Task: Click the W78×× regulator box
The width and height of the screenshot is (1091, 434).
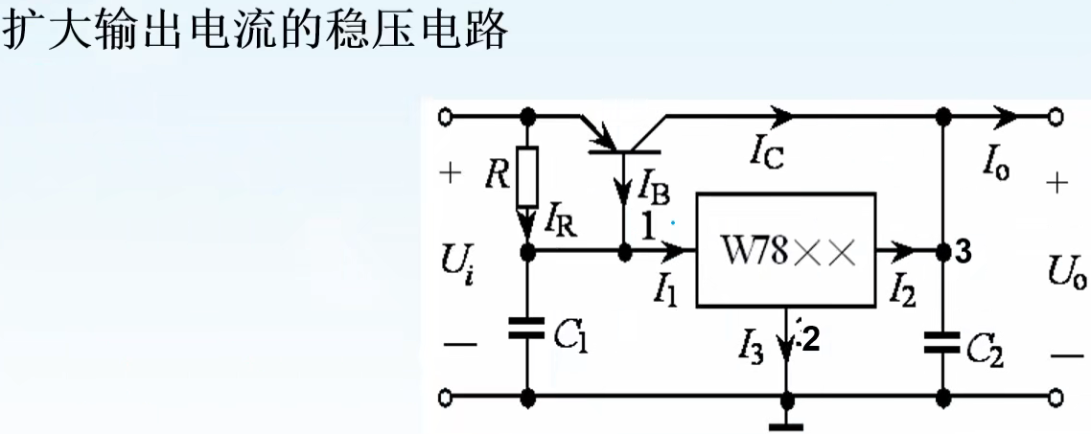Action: click(x=785, y=251)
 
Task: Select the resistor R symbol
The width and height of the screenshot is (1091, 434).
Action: click(x=526, y=178)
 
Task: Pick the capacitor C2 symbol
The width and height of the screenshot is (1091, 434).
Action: click(x=943, y=342)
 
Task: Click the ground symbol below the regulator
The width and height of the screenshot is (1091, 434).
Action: click(x=786, y=420)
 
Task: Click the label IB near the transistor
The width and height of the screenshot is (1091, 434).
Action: click(x=653, y=183)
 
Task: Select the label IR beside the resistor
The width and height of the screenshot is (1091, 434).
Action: click(x=559, y=225)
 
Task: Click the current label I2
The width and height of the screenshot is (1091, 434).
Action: click(x=902, y=286)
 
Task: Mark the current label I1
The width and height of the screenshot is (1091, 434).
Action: click(x=665, y=286)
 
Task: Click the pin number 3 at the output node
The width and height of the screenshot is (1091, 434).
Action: click(x=964, y=253)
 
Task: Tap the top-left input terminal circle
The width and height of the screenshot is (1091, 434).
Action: click(x=445, y=117)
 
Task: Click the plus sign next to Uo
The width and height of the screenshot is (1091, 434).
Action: click(x=1056, y=183)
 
